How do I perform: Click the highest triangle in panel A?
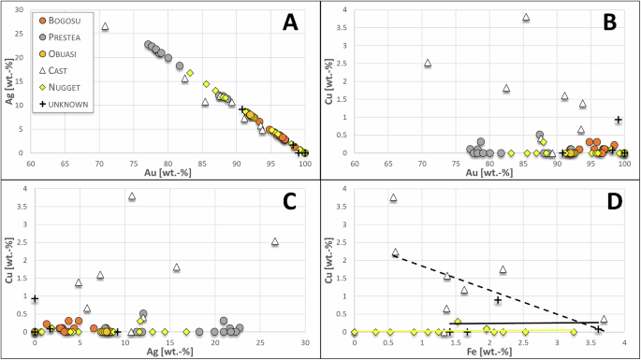[105, 27]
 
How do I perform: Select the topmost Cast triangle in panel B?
[526, 18]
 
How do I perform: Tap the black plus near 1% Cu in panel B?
[619, 120]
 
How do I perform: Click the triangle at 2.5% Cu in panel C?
[275, 242]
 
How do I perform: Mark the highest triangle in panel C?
[132, 196]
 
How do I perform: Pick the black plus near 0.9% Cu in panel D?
[498, 300]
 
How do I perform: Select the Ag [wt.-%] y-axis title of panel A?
[9, 81]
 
